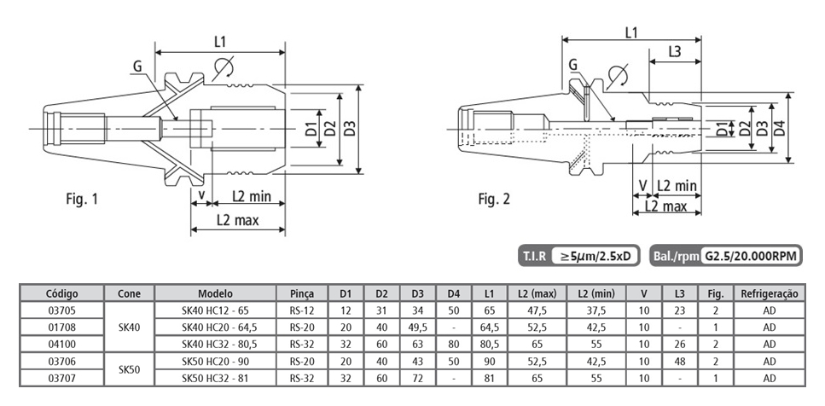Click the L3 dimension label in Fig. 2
tap(673, 52)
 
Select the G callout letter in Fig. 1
tap(137, 66)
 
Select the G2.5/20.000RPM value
tap(749, 255)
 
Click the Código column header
tap(61, 293)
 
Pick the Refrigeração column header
tap(769, 293)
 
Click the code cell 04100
tap(61, 345)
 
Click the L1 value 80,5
tap(488, 345)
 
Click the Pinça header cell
tap(301, 293)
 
